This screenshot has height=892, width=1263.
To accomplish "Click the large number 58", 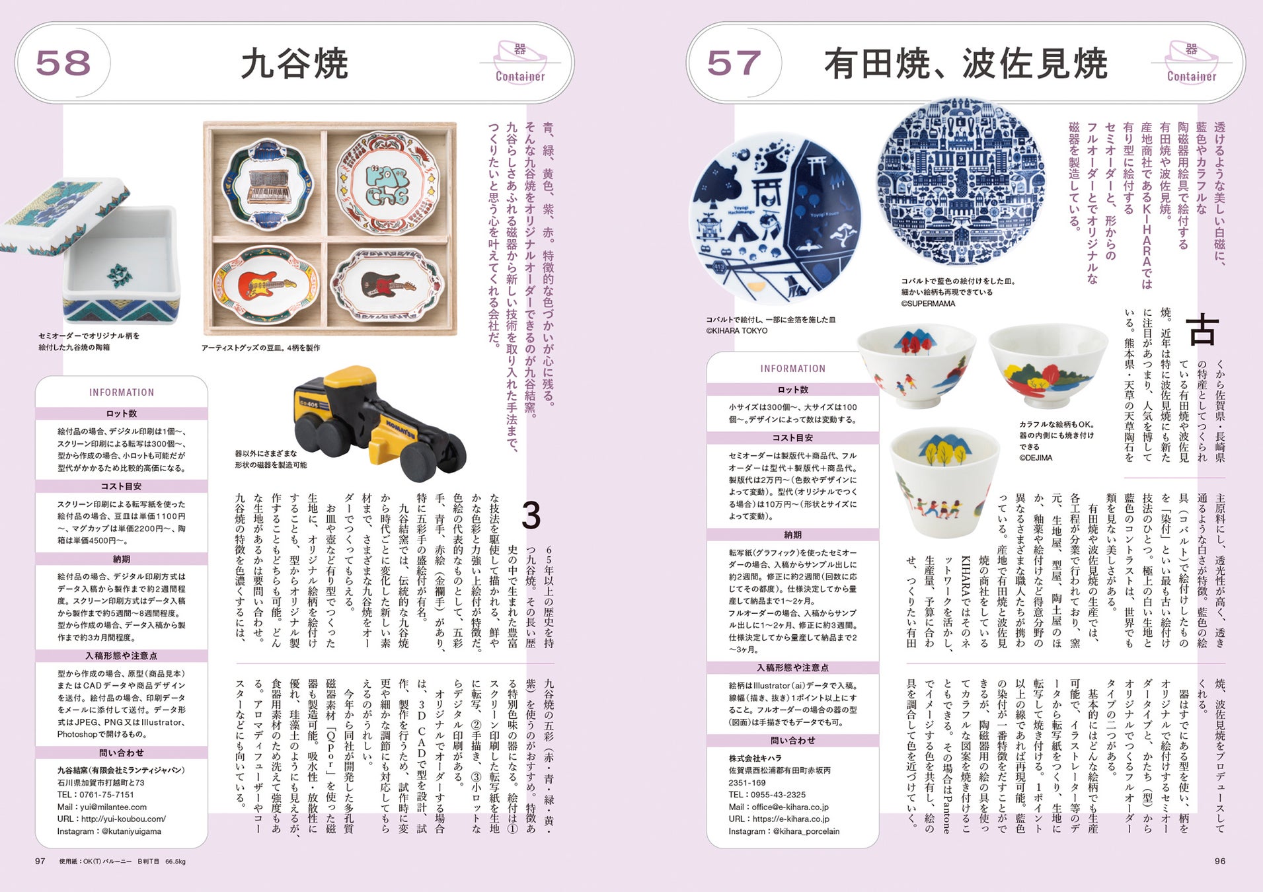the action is point(63,63).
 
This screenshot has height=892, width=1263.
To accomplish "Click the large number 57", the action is point(734,63).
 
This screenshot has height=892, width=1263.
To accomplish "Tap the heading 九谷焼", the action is point(294,63).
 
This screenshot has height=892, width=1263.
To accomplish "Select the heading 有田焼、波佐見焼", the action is point(966,63).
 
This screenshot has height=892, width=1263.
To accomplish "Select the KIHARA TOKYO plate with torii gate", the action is point(775,220).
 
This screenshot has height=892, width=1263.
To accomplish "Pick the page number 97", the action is point(40,861).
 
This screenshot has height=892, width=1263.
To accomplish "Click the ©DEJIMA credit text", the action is point(1036,457).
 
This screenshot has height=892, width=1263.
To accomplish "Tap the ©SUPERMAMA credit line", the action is point(928,303).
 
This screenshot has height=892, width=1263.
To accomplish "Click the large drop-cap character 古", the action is point(1202,330).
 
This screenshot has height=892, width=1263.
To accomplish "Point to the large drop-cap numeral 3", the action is point(531,515).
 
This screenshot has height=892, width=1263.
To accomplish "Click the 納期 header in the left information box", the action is point(122,559).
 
